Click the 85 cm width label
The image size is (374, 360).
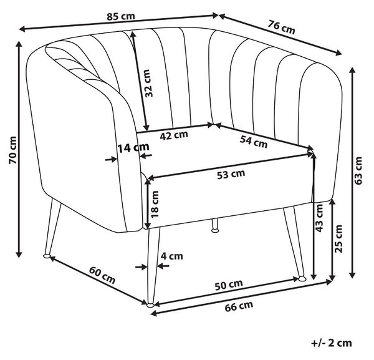tap(121, 16)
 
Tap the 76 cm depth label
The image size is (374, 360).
tap(282, 27)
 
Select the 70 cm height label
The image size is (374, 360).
tap(12, 150)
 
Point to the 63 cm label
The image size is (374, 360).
tap(358, 170)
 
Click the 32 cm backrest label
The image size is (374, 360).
tap(148, 84)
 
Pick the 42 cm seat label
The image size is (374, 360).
tap(174, 135)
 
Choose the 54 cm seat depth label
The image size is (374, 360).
tap(254, 142)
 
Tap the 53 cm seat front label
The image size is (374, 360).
tap(231, 174)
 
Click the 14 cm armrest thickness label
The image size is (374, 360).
tap(133, 147)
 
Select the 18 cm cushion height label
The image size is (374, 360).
tap(155, 204)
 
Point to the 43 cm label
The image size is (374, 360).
tap(319, 218)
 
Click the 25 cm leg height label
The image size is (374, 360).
tap(338, 239)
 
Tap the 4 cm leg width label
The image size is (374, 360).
tap(172, 256)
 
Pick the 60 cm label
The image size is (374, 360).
tap(102, 275)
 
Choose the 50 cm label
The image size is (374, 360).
tap(229, 285)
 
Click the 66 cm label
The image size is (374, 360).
tap(239, 306)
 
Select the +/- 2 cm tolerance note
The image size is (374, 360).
tap(332, 343)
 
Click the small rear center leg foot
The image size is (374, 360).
tap(216, 230)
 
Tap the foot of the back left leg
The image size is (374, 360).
tap(47, 256)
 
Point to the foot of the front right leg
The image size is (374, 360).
tap(302, 278)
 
